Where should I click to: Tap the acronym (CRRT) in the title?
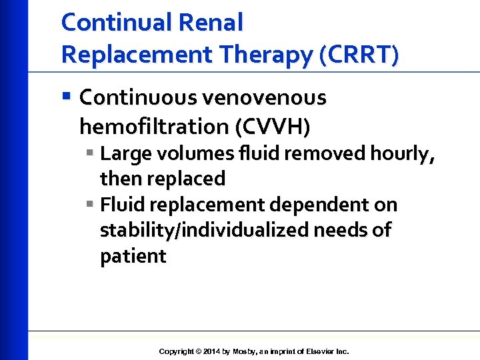[360, 55]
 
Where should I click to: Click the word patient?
[133, 257]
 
